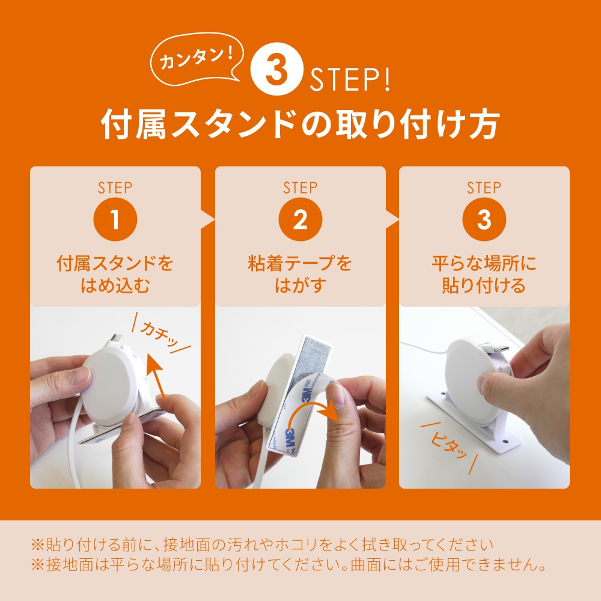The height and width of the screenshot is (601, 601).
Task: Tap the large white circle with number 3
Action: [276, 69]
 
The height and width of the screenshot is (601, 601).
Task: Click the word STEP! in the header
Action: [350, 79]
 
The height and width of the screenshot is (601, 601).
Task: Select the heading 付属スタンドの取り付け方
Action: [300, 124]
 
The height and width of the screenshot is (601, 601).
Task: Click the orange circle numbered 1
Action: [115, 219]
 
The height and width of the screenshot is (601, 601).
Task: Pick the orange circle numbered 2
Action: [300, 219]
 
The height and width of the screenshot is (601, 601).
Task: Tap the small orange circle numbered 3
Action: [484, 219]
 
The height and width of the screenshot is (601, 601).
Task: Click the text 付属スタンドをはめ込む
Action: [115, 274]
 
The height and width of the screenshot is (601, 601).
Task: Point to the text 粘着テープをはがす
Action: [300, 274]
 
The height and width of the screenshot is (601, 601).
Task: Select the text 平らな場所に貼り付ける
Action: [484, 274]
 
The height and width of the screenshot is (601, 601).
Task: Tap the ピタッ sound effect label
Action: [449, 447]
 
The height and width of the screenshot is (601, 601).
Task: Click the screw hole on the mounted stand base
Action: [505, 442]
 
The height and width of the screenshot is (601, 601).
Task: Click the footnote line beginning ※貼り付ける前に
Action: [263, 545]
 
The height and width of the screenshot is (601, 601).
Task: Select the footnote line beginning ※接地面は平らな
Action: [288, 564]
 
